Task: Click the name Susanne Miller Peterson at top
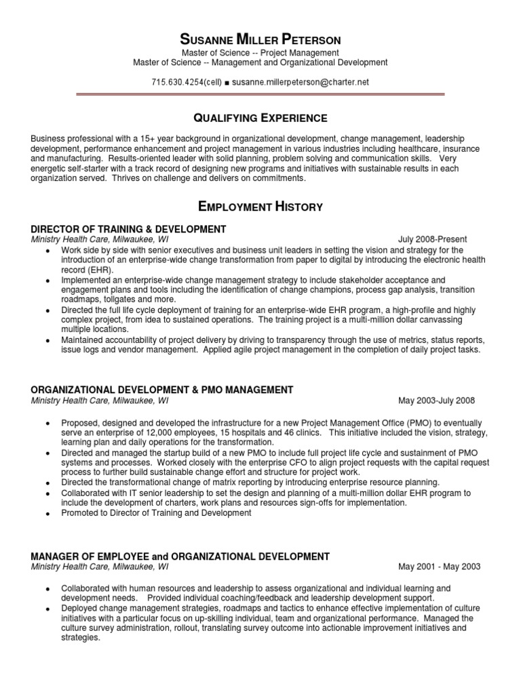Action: click(x=260, y=39)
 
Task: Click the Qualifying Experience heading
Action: click(x=260, y=118)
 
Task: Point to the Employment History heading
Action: click(x=260, y=206)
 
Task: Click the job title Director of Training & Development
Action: click(x=128, y=229)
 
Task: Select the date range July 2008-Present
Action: click(x=432, y=239)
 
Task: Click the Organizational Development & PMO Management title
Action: click(x=162, y=390)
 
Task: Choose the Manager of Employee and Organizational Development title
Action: click(x=180, y=556)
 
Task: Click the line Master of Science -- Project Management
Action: click(x=260, y=53)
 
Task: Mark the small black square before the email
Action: click(x=227, y=83)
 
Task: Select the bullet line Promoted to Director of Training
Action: click(x=156, y=513)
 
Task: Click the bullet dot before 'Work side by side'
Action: click(x=47, y=251)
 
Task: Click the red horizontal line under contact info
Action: click(x=260, y=96)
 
